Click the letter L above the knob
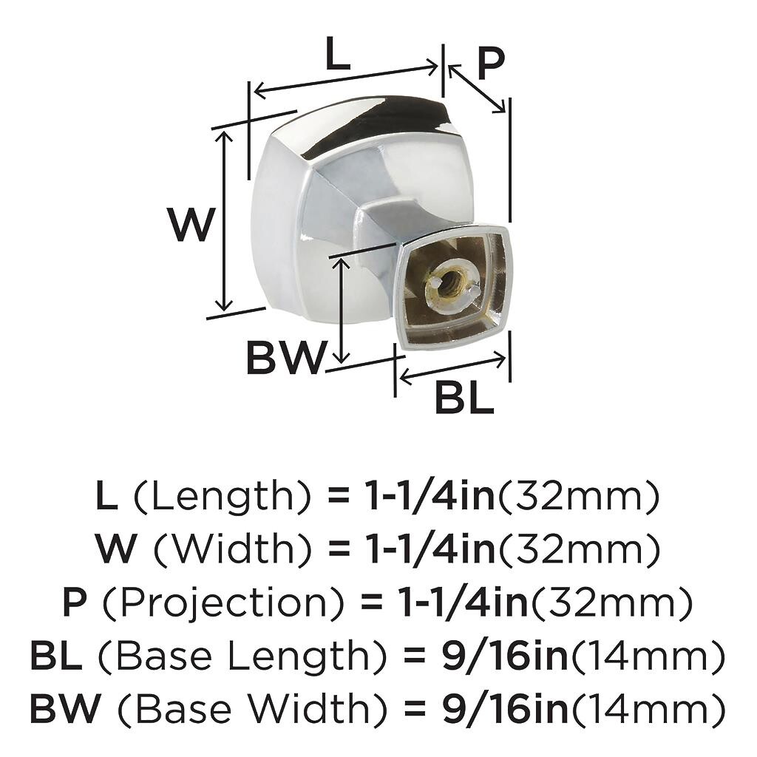click(337, 53)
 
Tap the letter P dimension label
click(491, 64)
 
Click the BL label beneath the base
click(464, 397)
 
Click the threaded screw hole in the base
click(450, 284)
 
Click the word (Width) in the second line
click(231, 550)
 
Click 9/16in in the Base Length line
click(504, 655)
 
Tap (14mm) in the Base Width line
click(648, 707)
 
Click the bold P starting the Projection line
click(75, 602)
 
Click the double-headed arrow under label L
click(346, 79)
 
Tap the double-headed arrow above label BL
click(453, 368)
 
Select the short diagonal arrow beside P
click(477, 89)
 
